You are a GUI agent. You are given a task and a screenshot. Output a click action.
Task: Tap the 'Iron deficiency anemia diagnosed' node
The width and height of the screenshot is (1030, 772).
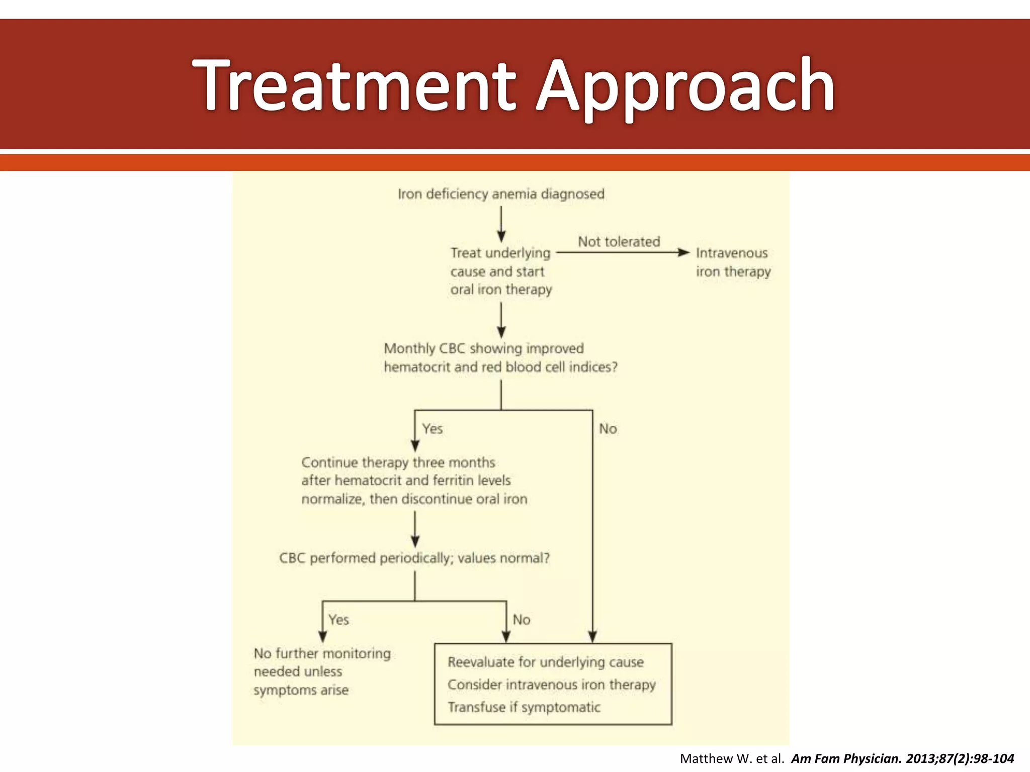[501, 194]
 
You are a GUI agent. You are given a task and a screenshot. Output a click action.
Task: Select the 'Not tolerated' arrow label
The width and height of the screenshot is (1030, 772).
[619, 242]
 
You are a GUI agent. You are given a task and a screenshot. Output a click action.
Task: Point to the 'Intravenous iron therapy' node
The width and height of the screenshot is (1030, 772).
[733, 262]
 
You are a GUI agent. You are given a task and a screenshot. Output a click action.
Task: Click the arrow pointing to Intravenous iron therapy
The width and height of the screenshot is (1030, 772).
[624, 252]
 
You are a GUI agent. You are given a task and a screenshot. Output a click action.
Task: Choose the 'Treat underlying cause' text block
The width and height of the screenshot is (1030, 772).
[501, 271]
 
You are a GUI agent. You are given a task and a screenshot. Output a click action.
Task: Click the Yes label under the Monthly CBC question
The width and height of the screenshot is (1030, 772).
[433, 429]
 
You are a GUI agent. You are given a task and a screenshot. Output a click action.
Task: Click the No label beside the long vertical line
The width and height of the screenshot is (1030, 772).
[608, 429]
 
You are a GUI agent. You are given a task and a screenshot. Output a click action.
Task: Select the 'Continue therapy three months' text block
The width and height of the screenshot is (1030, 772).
[414, 480]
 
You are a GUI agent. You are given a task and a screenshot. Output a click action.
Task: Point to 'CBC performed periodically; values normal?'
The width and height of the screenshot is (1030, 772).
[414, 558]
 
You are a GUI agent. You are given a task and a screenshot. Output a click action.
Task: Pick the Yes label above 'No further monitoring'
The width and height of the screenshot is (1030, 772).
[338, 620]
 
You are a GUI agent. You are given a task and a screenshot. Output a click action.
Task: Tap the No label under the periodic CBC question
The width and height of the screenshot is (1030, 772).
[522, 620]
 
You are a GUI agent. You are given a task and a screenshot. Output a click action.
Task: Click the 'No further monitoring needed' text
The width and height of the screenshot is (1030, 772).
[322, 671]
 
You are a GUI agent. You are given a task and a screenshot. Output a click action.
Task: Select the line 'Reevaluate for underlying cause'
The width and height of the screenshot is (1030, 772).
[546, 662]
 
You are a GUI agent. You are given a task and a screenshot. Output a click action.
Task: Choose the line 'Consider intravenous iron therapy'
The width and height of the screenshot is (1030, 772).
[552, 685]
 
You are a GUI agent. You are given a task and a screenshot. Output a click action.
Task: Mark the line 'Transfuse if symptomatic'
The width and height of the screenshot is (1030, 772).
[524, 707]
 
